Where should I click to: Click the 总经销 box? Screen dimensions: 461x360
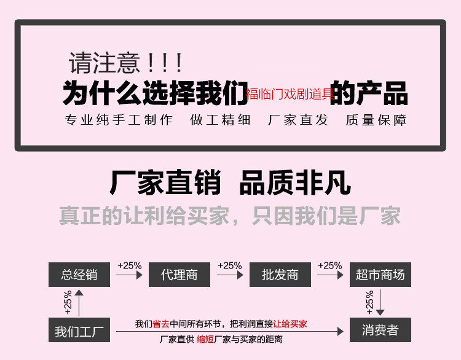coord(79,275)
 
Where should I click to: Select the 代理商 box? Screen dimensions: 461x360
coord(179,275)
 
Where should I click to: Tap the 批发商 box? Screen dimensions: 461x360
coord(280,275)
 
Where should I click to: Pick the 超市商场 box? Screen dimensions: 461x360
coord(380,275)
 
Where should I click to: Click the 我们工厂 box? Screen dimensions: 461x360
coord(79,331)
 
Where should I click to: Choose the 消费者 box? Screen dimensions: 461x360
coord(380,331)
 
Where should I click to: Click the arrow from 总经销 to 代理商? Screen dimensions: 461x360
coord(129,275)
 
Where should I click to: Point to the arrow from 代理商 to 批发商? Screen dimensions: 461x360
coord(229,275)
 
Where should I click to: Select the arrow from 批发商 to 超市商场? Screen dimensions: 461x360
coord(330,275)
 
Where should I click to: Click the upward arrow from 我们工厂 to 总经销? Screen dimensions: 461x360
coord(79,303)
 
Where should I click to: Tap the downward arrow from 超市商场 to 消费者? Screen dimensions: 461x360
coord(380,303)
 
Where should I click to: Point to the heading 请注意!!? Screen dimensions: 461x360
coord(125,63)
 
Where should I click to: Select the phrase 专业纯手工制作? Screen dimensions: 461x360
coord(119,120)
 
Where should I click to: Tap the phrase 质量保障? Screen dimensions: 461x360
coord(376,120)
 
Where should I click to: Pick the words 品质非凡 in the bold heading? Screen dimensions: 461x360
coord(294,182)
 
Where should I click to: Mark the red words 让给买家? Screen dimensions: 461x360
coord(290,324)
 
